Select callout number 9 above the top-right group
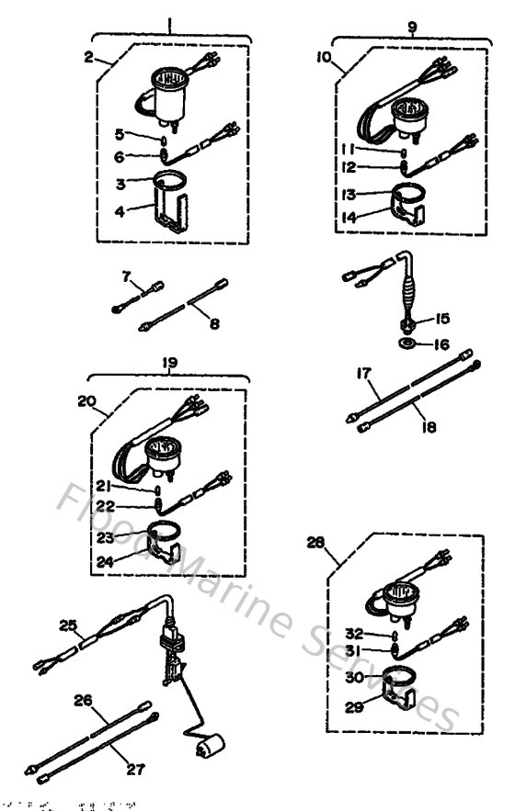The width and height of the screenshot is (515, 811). [411, 27]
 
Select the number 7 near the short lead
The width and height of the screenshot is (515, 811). [127, 276]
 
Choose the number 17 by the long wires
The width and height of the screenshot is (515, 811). [363, 375]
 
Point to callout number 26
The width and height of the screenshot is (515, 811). [84, 700]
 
